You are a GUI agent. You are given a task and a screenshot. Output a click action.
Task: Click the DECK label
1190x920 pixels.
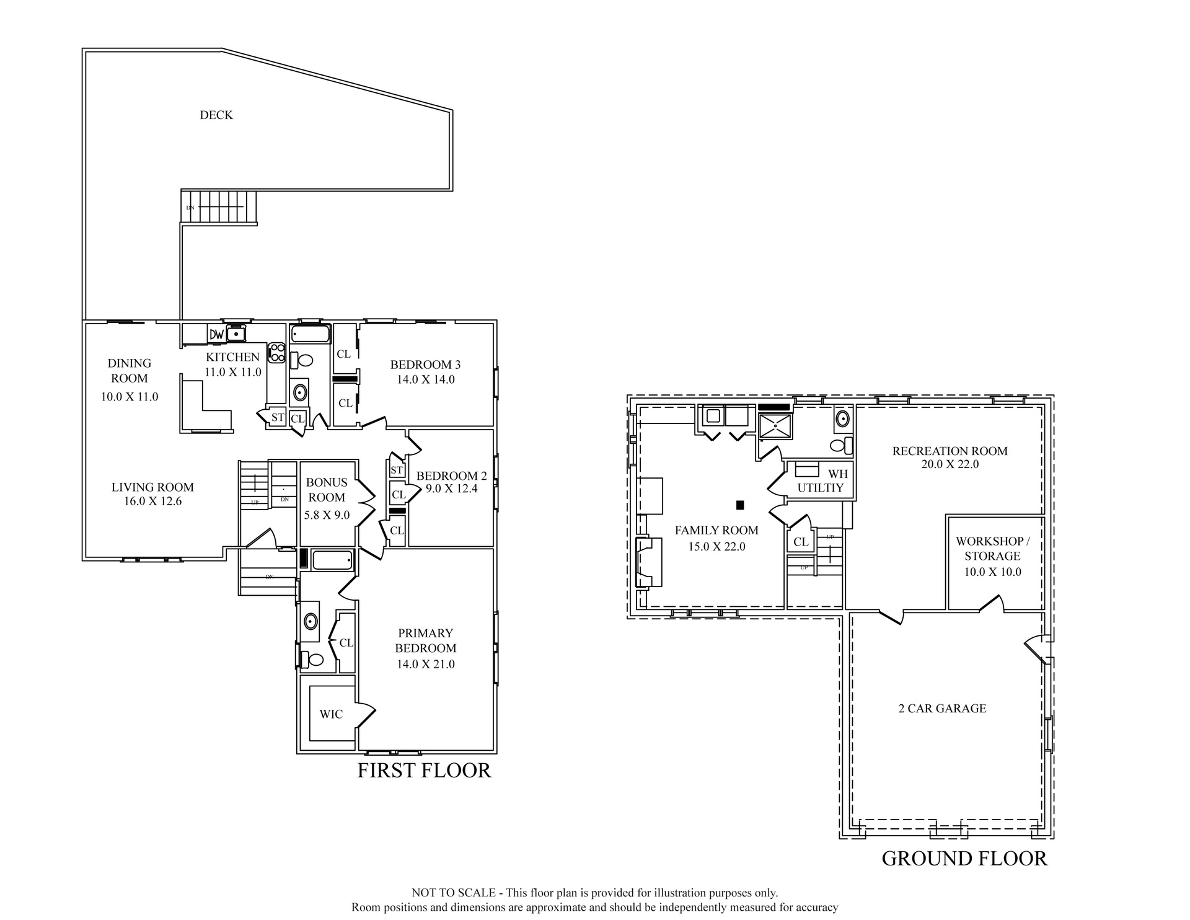pos(216,115)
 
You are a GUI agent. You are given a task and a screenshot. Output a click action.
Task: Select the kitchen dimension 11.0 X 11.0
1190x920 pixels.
pos(233,372)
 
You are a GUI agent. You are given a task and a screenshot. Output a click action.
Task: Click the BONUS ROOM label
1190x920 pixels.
pos(327,490)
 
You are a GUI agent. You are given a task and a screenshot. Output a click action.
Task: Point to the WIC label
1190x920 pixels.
pos(331,714)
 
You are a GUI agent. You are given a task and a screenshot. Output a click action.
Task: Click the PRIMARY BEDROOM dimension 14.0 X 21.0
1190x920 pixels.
pos(426,664)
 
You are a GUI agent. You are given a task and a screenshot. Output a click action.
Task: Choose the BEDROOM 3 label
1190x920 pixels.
pos(425,365)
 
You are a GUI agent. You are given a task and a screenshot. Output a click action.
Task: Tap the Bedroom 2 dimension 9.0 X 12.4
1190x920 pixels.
pos(451,489)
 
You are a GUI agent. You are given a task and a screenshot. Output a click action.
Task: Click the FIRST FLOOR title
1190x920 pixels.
pos(425,770)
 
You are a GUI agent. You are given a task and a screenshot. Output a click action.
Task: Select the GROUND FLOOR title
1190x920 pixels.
pos(964,858)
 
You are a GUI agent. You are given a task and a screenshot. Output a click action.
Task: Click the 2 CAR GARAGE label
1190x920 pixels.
pos(942,708)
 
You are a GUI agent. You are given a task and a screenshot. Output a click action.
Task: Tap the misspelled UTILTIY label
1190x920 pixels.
pos(821,488)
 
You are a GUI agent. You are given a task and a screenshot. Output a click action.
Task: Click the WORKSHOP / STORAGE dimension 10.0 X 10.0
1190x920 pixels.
pos(992,572)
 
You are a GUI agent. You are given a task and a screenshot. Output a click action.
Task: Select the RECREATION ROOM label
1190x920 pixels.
pos(950,451)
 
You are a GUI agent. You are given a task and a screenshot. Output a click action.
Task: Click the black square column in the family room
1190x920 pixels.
pos(740,505)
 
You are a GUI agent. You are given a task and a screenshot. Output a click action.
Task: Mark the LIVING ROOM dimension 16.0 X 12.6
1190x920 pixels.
pos(153,501)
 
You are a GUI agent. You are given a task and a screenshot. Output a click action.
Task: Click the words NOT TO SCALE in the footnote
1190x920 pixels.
pos(454,893)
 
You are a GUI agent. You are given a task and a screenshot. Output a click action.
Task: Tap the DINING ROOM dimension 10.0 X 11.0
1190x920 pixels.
pos(130,397)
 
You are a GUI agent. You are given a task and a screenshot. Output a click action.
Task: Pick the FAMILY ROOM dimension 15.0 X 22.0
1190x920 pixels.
pos(716,546)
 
